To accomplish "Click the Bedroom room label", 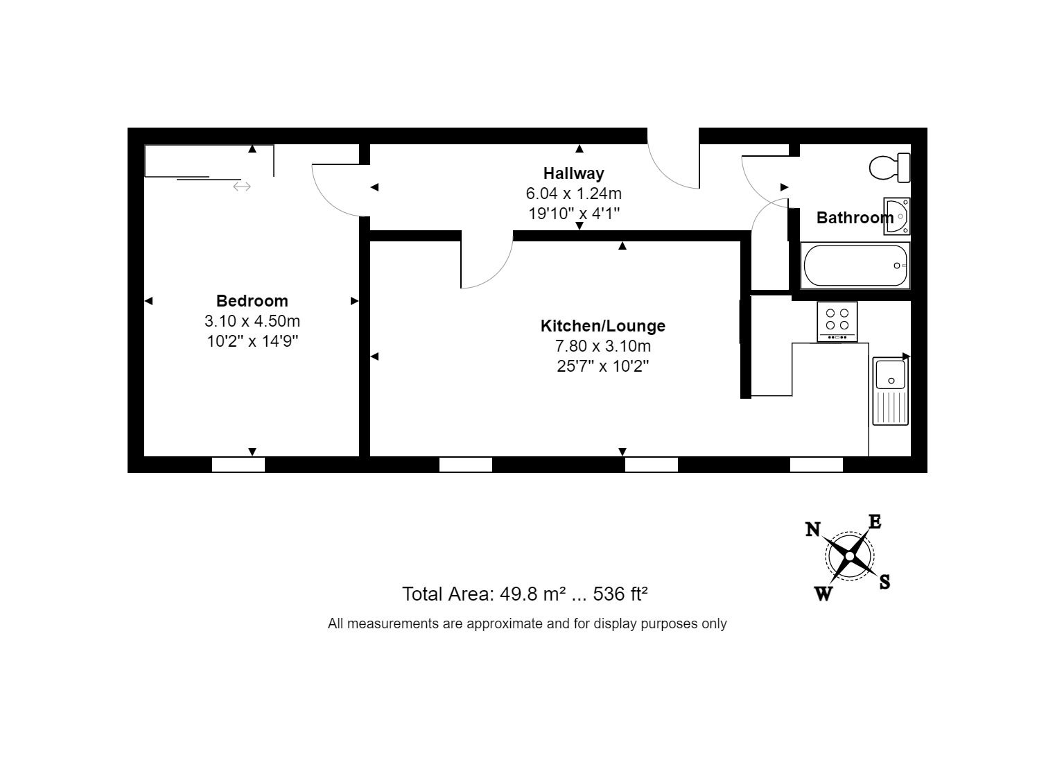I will (252, 301).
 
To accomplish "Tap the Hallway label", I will (573, 173).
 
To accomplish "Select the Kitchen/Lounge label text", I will (602, 326).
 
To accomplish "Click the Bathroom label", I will (854, 218).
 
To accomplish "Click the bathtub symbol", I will (855, 266).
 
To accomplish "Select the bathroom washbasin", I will (896, 216).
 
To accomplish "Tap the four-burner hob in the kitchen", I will (837, 321).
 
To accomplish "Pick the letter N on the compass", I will (813, 530).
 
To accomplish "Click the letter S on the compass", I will (884, 582).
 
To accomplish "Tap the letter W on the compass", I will (823, 594).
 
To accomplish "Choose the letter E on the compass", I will (875, 522).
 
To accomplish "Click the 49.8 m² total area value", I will (538, 594).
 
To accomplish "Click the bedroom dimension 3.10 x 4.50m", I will (252, 321).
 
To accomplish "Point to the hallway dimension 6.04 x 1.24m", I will (573, 193).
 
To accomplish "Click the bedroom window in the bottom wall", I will (238, 465).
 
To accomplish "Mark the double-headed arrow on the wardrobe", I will (241, 186).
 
